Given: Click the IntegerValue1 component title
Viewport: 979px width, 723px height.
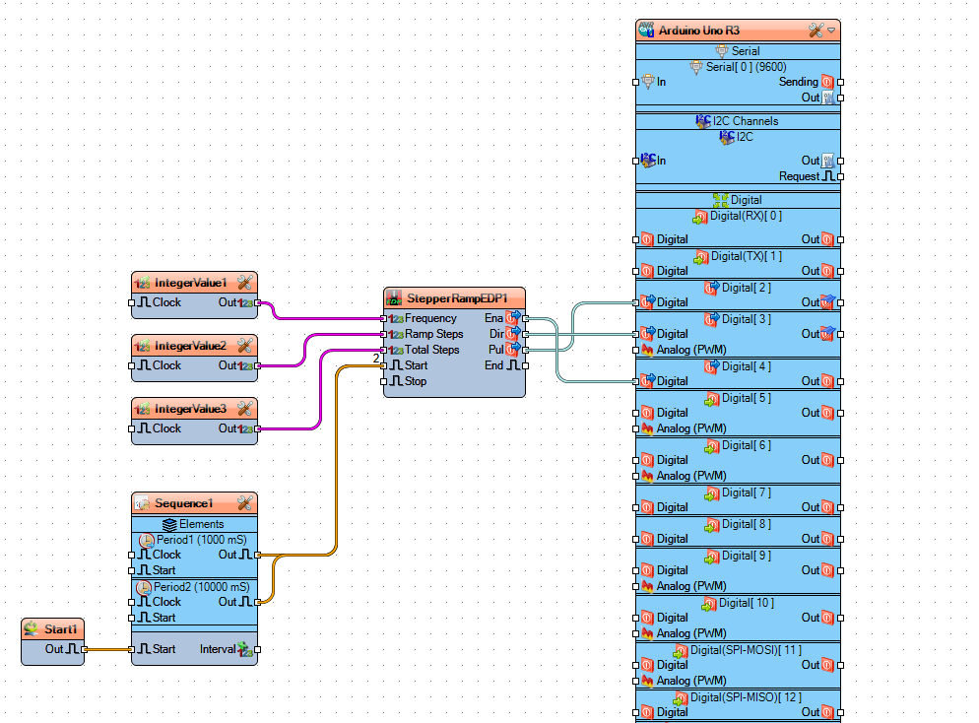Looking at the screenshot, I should (190, 283).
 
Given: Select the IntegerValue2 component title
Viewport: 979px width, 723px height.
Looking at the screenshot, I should (190, 346).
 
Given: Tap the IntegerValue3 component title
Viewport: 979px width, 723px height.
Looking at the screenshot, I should (190, 409).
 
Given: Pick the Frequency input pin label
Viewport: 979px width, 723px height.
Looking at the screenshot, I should (430, 318).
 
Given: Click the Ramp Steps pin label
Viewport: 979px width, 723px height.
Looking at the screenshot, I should (433, 334).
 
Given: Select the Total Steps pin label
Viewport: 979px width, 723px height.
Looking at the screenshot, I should (431, 350).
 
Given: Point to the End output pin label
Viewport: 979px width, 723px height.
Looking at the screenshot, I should (493, 365).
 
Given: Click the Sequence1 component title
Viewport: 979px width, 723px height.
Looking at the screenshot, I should (183, 503).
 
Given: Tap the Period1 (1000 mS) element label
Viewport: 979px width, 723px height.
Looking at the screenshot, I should (200, 540).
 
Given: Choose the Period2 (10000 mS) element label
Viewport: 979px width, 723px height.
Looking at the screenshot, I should (203, 587).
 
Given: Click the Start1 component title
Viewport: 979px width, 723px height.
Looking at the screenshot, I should (60, 629).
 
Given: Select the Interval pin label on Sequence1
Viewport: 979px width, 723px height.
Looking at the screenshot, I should (217, 649).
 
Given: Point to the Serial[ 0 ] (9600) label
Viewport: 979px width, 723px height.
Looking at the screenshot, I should (746, 67).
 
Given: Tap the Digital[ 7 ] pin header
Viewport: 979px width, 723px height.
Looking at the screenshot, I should (746, 493).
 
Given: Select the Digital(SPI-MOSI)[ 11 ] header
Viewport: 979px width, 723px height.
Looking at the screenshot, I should (746, 650).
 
